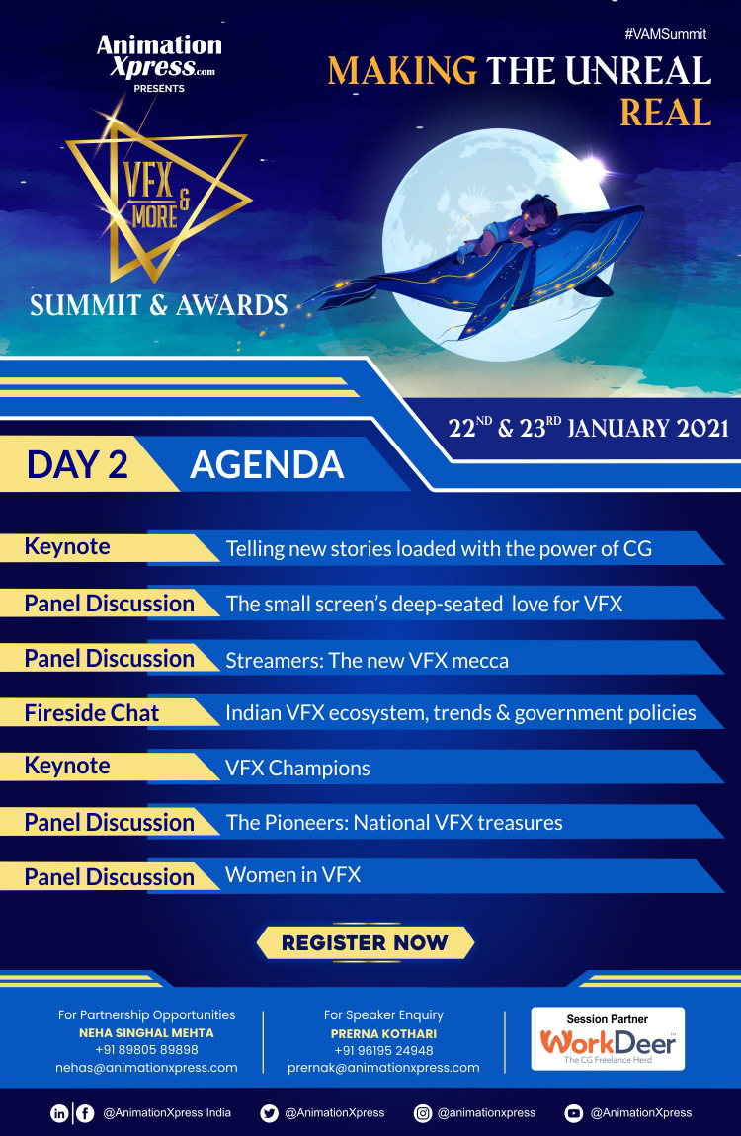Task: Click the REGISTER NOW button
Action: [366, 942]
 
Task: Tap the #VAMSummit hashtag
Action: [666, 34]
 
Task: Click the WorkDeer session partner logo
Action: [608, 1038]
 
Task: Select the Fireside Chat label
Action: [91, 713]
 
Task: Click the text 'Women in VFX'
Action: [292, 875]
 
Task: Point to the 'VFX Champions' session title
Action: [297, 768]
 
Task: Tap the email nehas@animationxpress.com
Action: [146, 1067]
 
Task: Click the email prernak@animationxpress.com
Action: [383, 1067]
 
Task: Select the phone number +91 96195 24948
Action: [383, 1050]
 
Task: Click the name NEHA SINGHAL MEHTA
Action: [146, 1033]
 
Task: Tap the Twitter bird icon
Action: [269, 1113]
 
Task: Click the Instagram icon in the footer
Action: [422, 1113]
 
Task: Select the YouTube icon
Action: [574, 1113]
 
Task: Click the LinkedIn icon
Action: [59, 1113]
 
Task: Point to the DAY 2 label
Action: [77, 464]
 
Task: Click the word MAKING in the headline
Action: [402, 71]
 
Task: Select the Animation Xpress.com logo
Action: [159, 56]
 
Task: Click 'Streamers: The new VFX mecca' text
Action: [367, 661]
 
